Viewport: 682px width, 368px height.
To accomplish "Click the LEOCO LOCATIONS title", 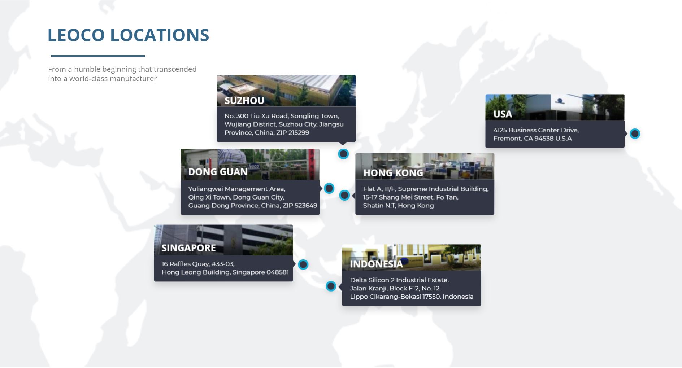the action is [x=128, y=35].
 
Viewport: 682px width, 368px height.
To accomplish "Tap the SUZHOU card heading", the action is [x=244, y=101].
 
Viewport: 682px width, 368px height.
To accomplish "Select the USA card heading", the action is [x=503, y=114].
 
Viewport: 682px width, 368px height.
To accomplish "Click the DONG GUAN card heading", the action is [x=218, y=172].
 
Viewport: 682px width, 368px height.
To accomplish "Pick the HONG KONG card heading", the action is [x=393, y=173].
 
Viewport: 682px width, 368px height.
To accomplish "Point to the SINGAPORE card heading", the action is [x=188, y=248].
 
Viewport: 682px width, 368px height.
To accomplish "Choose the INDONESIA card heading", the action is [x=376, y=264].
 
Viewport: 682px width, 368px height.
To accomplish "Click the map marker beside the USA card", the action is [x=635, y=134].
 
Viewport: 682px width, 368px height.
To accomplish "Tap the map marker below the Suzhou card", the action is [x=343, y=154].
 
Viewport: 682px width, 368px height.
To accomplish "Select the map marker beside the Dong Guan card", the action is [x=329, y=188].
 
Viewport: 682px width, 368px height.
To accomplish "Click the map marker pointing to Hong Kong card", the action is [x=344, y=195].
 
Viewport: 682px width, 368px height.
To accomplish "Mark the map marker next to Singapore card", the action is [x=303, y=264].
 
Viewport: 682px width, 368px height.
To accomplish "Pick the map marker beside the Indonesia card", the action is [x=331, y=286].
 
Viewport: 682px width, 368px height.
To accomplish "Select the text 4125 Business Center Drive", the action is [x=536, y=130].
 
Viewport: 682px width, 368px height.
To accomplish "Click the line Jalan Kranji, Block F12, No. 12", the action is [x=395, y=288].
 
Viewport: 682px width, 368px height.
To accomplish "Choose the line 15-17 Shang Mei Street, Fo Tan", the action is [x=411, y=197].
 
